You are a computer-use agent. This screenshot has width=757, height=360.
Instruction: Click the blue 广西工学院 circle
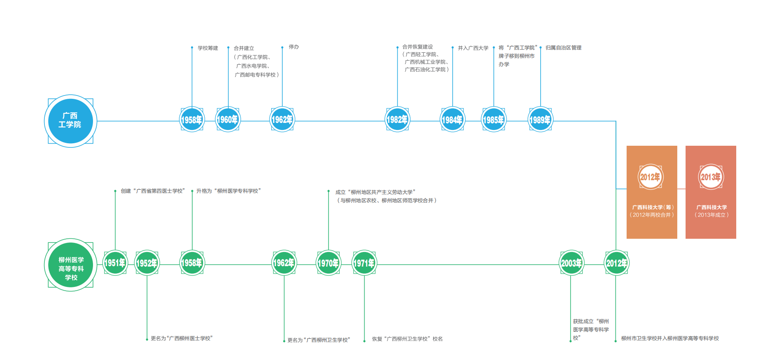click(71, 121)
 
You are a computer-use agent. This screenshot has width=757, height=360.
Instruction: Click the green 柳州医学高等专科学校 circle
click(71, 264)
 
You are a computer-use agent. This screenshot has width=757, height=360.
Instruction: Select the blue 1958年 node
click(192, 120)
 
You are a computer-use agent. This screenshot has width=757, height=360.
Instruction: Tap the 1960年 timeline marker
click(228, 120)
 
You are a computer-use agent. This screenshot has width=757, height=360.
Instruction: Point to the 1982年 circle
click(397, 120)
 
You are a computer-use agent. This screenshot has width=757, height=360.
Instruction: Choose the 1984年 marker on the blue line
click(452, 120)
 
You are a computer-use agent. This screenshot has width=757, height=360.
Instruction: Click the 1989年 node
click(540, 120)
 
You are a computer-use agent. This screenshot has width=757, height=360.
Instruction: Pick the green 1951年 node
click(115, 263)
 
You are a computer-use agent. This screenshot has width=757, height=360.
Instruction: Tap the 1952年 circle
click(147, 263)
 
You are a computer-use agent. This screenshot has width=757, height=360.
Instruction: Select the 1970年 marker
click(328, 263)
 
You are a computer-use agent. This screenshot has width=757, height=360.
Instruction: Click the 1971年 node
click(364, 263)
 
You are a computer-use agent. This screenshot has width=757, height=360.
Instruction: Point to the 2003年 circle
click(571, 263)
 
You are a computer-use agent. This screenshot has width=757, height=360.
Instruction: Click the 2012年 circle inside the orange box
click(651, 177)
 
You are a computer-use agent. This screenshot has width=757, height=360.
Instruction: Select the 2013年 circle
click(711, 177)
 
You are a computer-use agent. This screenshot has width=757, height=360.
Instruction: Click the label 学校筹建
click(208, 48)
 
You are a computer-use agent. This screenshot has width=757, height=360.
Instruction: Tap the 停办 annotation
click(294, 47)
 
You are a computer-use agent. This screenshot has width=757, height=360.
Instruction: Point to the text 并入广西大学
click(473, 48)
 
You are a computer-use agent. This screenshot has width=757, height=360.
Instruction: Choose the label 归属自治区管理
click(563, 48)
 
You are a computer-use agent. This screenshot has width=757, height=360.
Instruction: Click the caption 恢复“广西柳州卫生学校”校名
click(407, 339)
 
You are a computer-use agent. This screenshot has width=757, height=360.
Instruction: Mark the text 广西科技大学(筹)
click(653, 207)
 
